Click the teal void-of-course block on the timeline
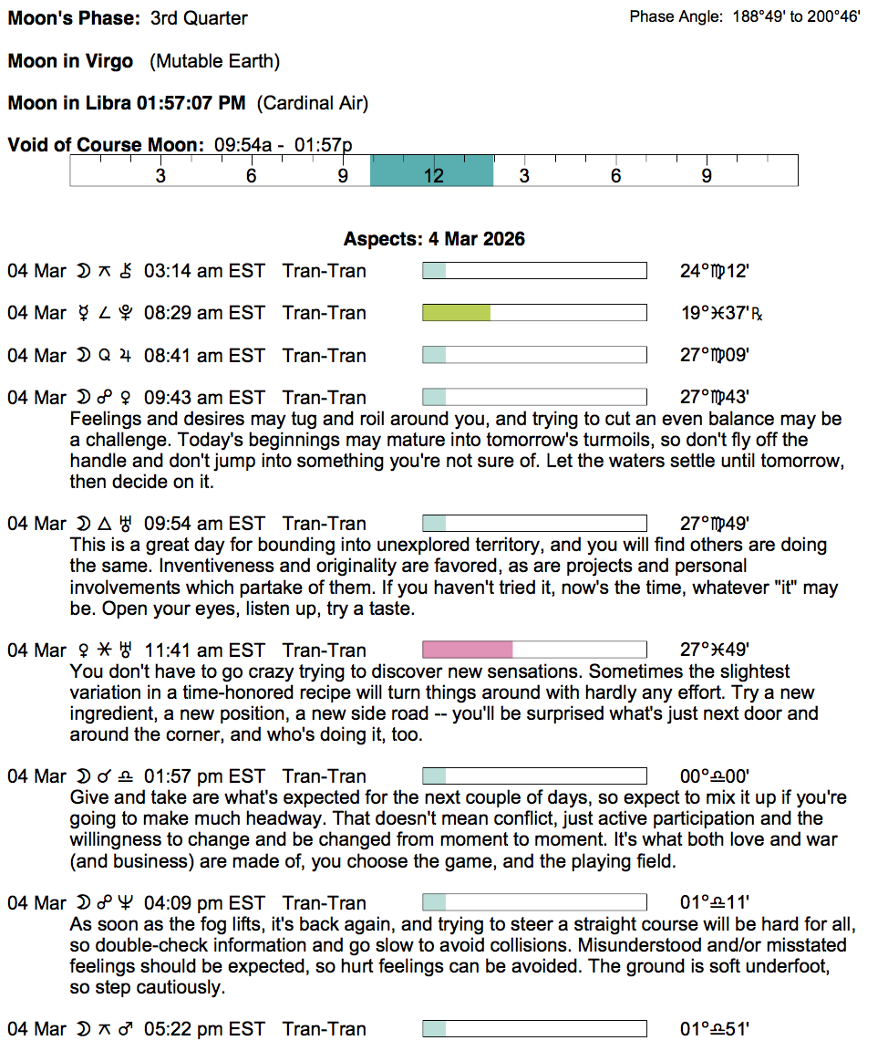tap(431, 171)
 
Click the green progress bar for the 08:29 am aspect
tap(456, 313)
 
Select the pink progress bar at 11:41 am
tap(467, 650)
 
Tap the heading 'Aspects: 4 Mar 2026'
tap(434, 239)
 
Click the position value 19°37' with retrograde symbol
tap(720, 313)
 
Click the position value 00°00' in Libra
tap(715, 776)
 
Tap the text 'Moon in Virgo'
tap(70, 61)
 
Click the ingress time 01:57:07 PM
tap(191, 103)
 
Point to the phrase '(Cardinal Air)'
tap(313, 103)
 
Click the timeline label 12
tap(433, 175)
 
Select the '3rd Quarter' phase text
tap(200, 18)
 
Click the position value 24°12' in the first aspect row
tap(715, 271)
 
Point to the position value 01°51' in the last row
tap(715, 1029)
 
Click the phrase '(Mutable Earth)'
tap(215, 61)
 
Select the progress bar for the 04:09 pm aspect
tap(534, 903)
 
